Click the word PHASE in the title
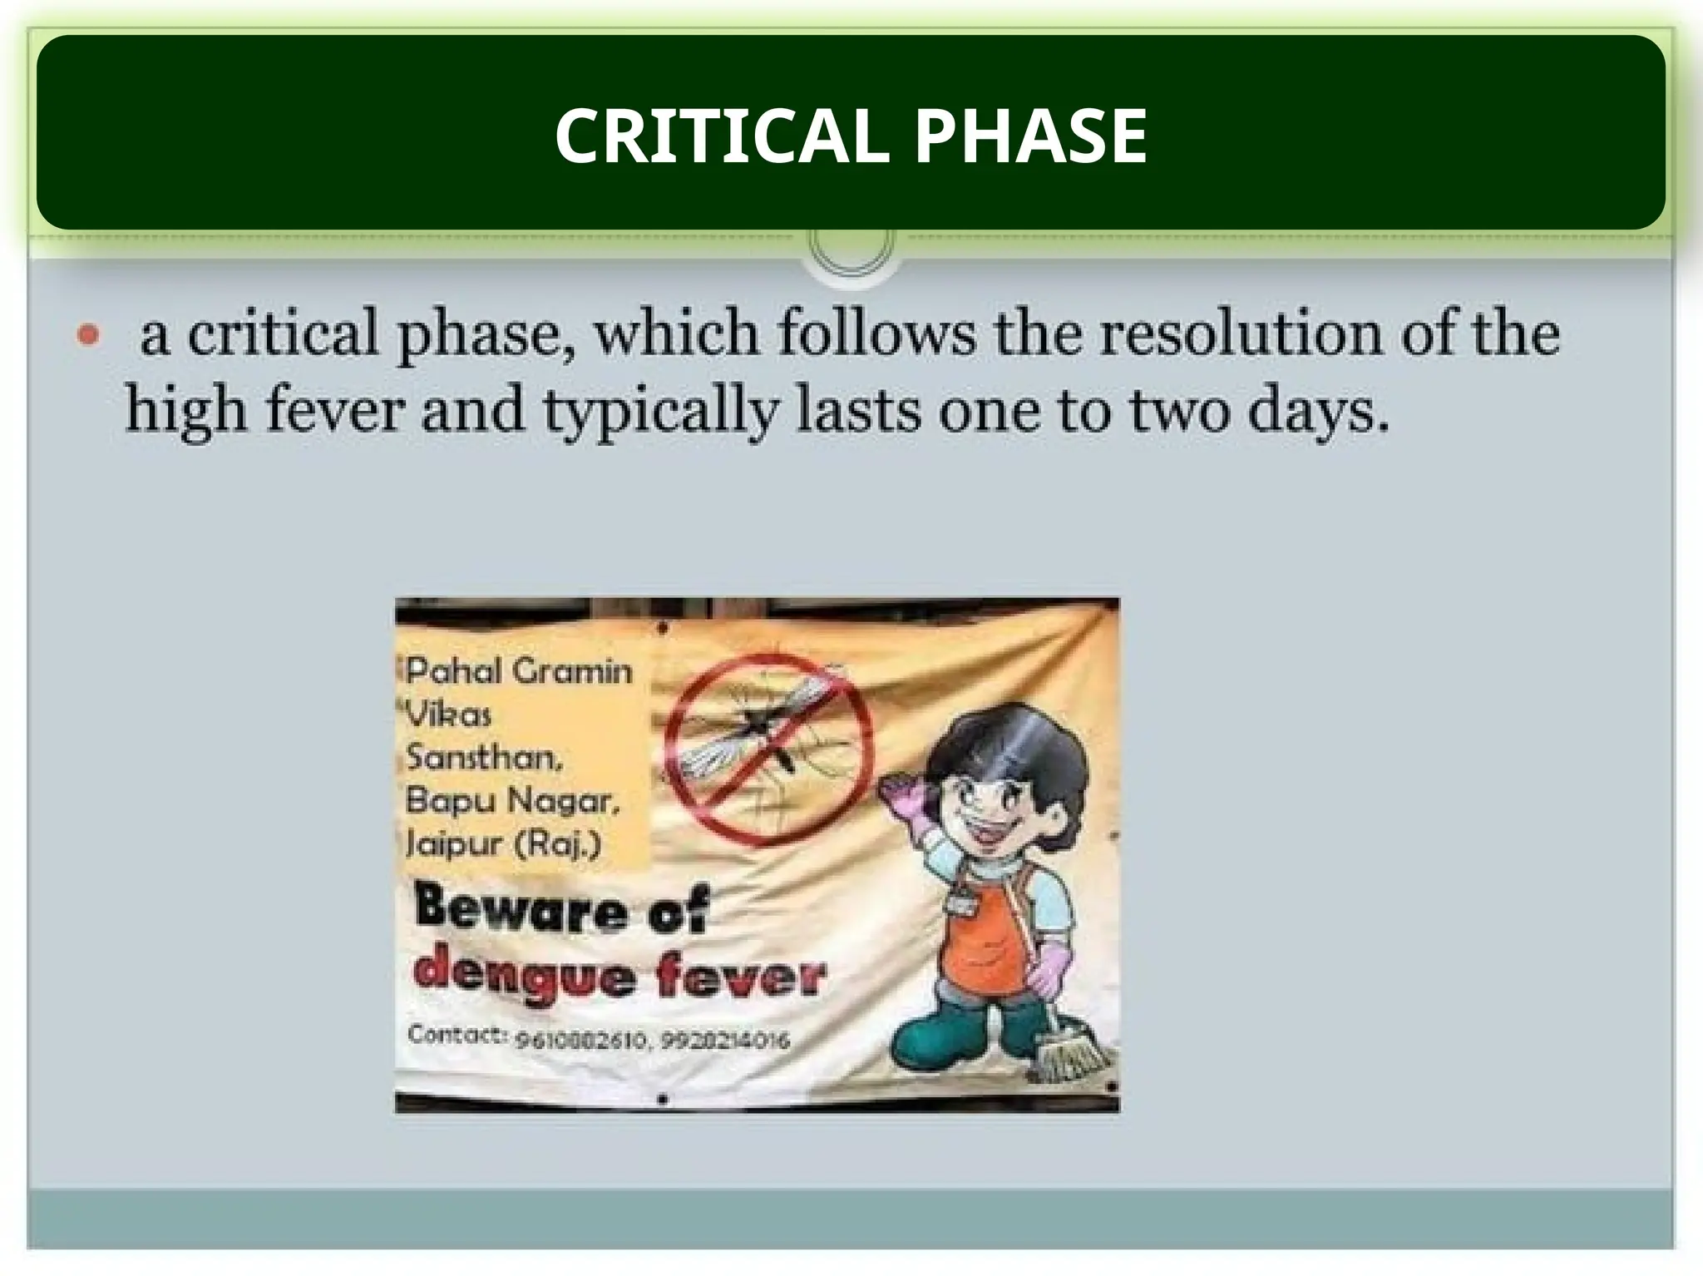click(x=1030, y=136)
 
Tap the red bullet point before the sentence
click(x=88, y=336)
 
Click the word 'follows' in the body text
click(x=876, y=334)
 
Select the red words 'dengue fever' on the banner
click(x=620, y=977)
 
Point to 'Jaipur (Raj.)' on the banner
click(x=502, y=844)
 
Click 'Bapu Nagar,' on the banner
click(x=512, y=801)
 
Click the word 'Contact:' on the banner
click(x=457, y=1035)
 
